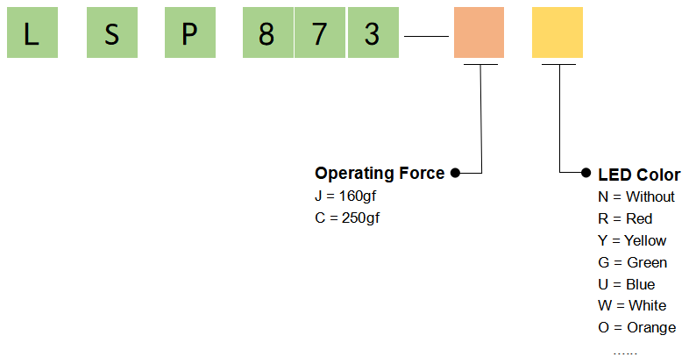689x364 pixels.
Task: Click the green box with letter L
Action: (x=32, y=32)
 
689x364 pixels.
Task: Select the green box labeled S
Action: (x=112, y=32)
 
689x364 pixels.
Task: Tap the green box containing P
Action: (x=190, y=32)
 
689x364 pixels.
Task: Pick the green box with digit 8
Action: (x=268, y=32)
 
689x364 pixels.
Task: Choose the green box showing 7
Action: (x=320, y=32)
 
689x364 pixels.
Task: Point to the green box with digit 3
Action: (x=373, y=32)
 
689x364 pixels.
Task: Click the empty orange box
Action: (x=479, y=32)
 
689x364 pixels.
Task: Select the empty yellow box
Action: (x=558, y=32)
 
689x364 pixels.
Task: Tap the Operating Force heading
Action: (x=380, y=174)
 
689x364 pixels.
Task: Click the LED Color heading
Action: (x=639, y=175)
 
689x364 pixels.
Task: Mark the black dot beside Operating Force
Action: (x=455, y=173)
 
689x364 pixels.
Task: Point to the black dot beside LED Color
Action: (x=586, y=173)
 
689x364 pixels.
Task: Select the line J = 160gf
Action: (x=345, y=196)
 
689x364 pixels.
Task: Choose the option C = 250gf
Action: (x=347, y=218)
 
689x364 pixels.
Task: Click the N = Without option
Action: (x=636, y=197)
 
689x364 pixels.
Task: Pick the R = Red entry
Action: (x=625, y=219)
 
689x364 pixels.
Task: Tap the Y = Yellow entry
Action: (x=632, y=240)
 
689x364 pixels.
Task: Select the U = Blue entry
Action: (x=627, y=284)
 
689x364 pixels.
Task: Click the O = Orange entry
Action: (x=637, y=327)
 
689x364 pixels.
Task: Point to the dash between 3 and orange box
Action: (x=426, y=37)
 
